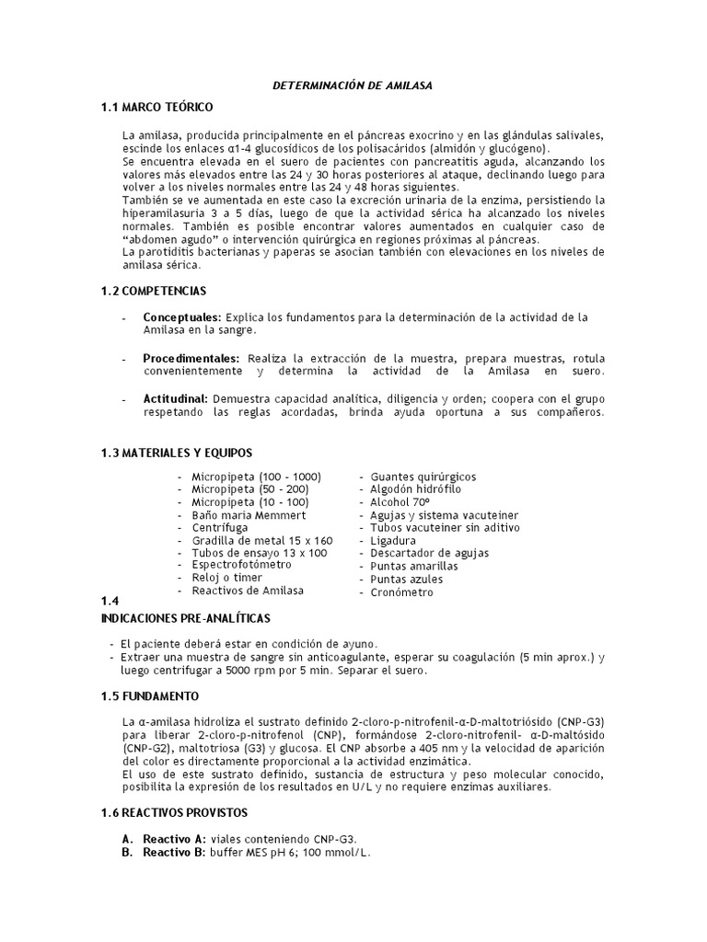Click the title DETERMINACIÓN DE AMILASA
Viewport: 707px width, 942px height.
[x=353, y=86]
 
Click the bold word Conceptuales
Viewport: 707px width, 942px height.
[x=181, y=317]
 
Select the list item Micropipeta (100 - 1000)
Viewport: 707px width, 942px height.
[x=256, y=477]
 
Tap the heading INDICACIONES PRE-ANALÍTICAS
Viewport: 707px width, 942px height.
[x=185, y=617]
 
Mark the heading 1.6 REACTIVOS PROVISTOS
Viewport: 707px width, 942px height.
[x=174, y=813]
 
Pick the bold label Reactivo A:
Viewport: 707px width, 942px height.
[x=175, y=840]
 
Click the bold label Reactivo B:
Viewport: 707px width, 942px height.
[x=175, y=853]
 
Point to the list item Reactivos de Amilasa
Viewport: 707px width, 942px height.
[x=247, y=591]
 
